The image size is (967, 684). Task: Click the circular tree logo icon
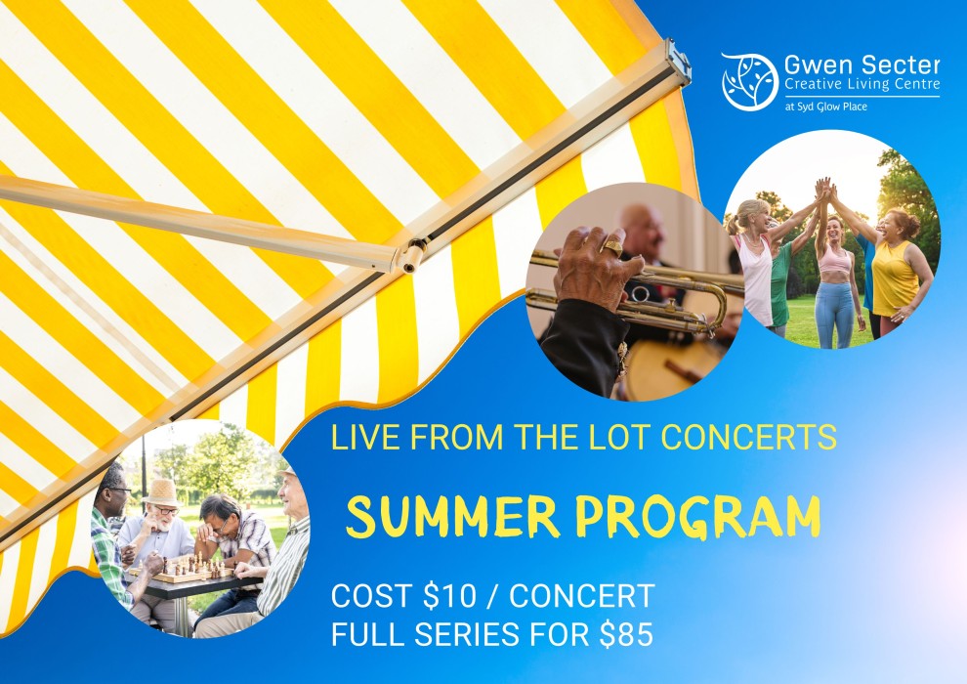click(x=750, y=81)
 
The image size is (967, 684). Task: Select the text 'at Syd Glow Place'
click(x=825, y=107)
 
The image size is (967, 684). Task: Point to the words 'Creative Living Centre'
click(x=862, y=84)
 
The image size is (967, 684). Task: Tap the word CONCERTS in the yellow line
click(x=748, y=437)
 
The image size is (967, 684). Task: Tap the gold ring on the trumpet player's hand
click(x=613, y=246)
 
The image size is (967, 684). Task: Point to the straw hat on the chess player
click(x=161, y=492)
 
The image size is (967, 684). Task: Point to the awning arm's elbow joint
click(x=412, y=255)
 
